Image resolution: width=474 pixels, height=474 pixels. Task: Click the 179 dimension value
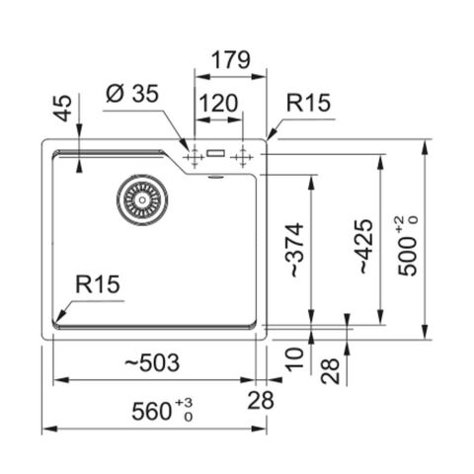(x=230, y=60)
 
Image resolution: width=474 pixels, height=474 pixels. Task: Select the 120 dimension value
(x=218, y=103)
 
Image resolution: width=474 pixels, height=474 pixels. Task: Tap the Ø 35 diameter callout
(x=132, y=94)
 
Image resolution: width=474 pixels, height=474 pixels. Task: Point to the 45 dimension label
(x=62, y=109)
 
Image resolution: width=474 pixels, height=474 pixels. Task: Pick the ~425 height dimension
(x=364, y=246)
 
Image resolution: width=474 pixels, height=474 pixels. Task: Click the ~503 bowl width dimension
(x=152, y=362)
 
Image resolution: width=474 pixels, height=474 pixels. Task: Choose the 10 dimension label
(x=294, y=359)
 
